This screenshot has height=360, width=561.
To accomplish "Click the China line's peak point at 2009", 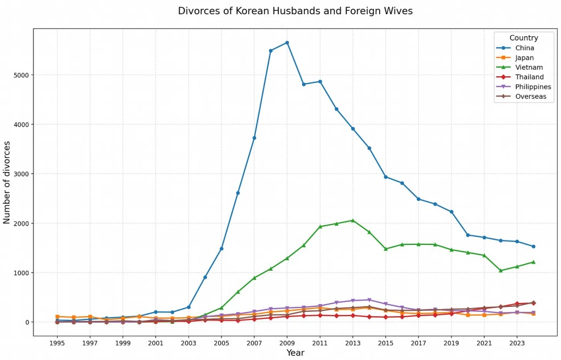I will (287, 43).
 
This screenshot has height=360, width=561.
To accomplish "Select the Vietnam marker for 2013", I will (353, 220).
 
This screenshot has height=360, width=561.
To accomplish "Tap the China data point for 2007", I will (254, 138).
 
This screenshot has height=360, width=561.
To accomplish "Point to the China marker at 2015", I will (386, 177).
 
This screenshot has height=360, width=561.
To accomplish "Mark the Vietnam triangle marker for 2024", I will (533, 262).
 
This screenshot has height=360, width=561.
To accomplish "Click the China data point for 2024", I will (533, 247).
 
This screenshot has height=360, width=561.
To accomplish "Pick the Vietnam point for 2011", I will (320, 226).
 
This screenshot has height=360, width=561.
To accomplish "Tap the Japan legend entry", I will (524, 58).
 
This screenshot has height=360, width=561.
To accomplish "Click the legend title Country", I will (524, 38).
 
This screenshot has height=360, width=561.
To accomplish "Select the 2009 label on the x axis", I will (287, 343).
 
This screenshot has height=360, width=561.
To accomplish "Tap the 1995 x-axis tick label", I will (58, 343).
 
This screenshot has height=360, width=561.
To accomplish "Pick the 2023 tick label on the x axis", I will (517, 343).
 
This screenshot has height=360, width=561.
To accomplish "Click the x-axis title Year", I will (295, 353).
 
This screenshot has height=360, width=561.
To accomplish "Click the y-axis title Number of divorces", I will (7, 182).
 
